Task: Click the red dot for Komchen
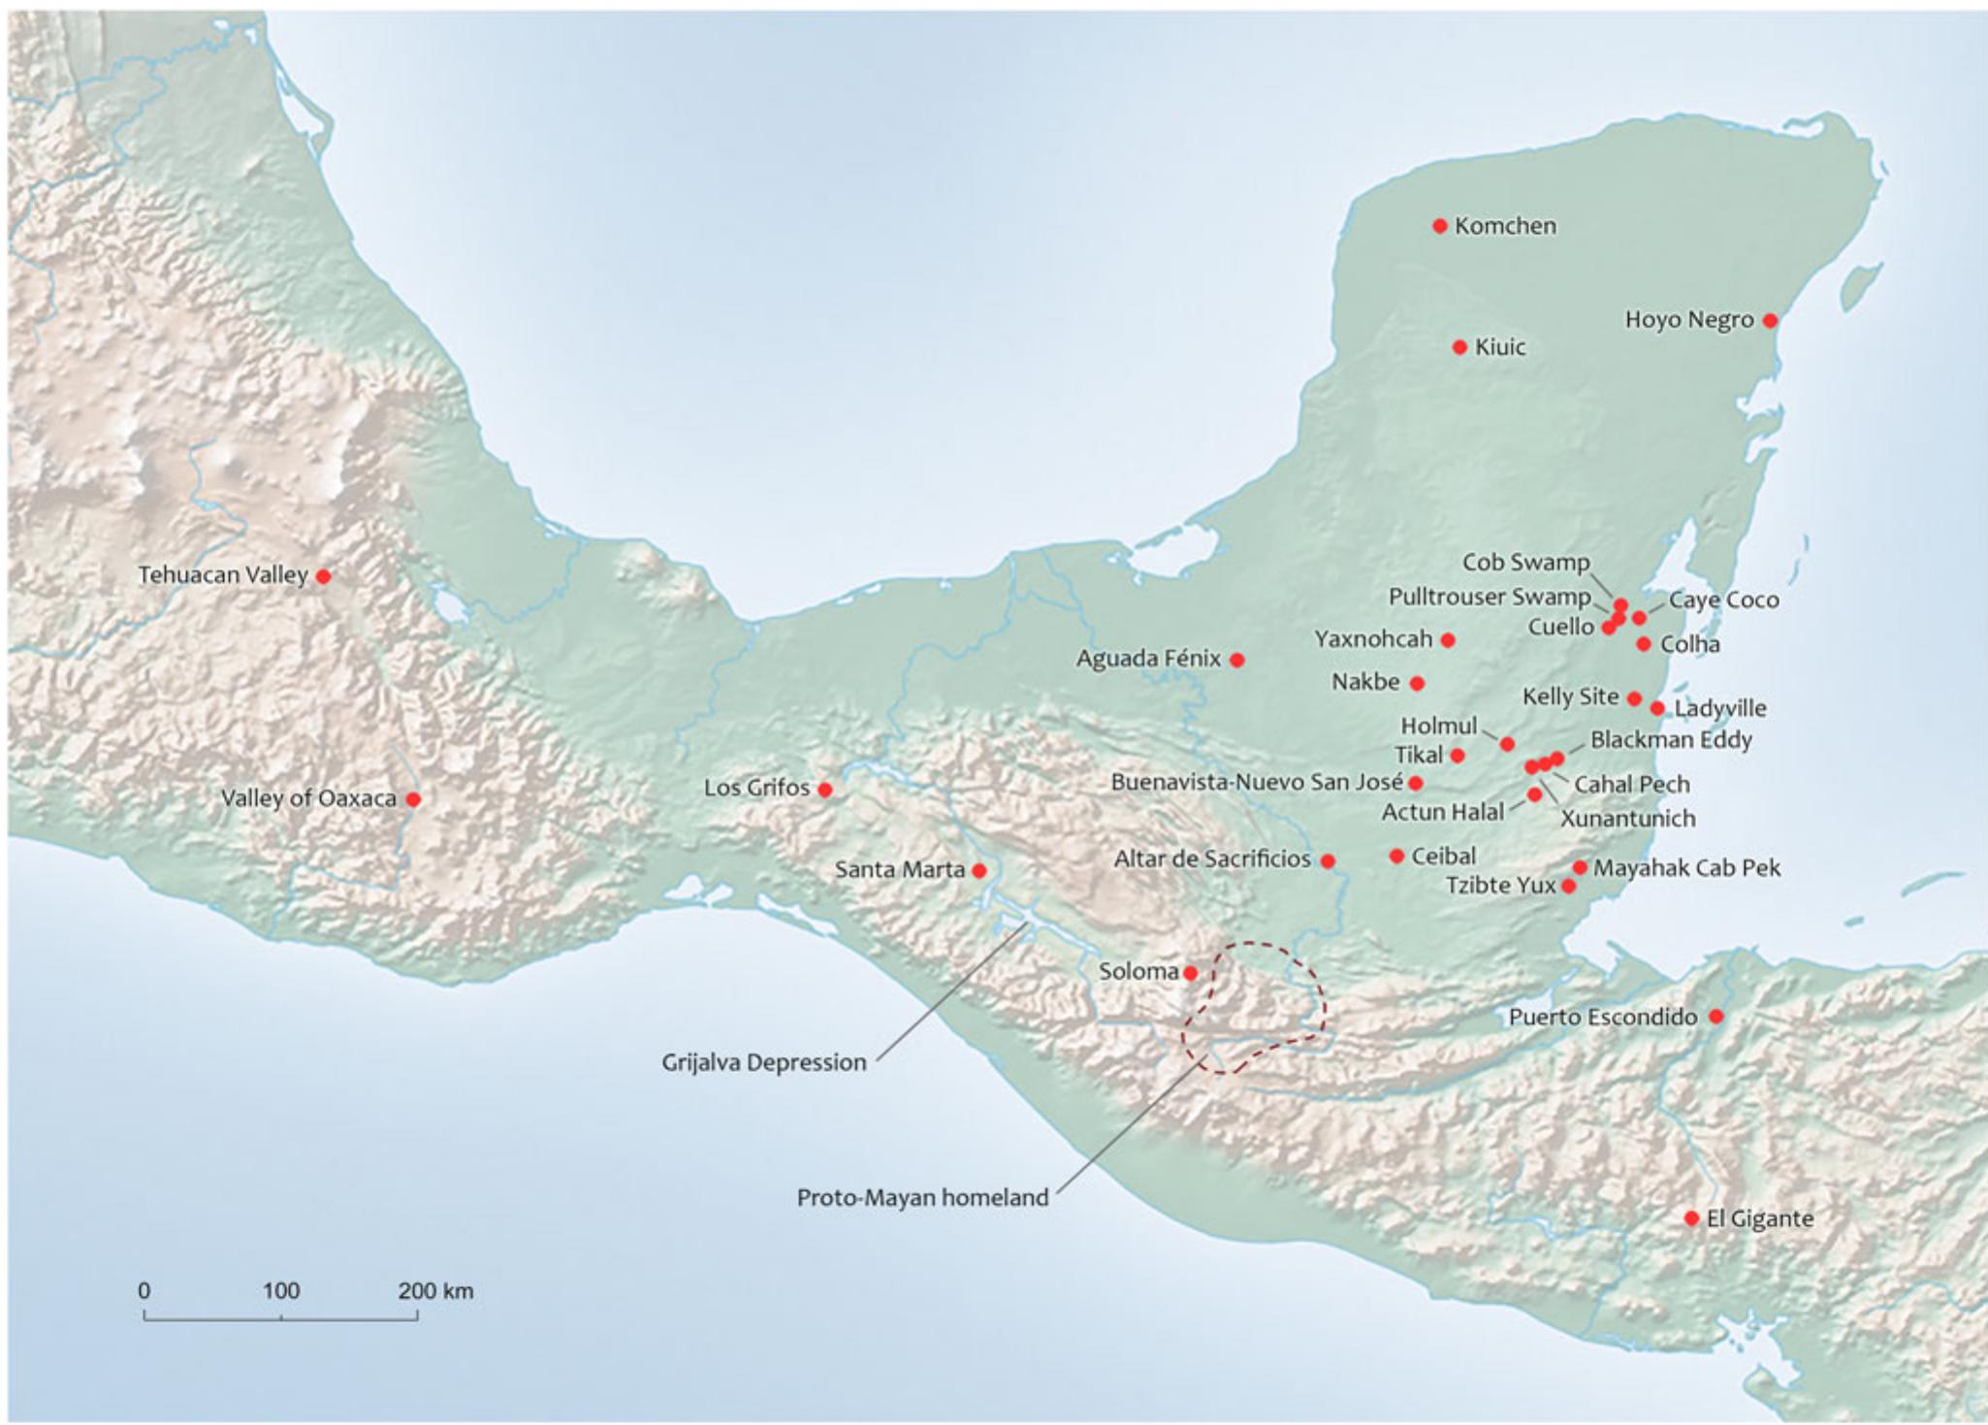coord(1440,226)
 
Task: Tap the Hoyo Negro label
coord(1688,320)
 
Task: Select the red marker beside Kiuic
coord(1459,347)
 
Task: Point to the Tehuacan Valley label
coord(222,575)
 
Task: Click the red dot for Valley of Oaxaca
coord(413,799)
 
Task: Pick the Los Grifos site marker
coord(825,790)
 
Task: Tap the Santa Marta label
coord(899,870)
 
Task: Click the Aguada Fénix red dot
coord(1237,660)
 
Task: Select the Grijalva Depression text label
coord(763,1063)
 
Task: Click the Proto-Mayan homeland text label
coord(922,1198)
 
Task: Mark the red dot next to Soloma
coord(1191,973)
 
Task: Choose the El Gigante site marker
coord(1691,1218)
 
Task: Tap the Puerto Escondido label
coord(1602,1018)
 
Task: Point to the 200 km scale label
coord(435,1291)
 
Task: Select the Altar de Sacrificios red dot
coord(1328,860)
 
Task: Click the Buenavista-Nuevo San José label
coord(1257,782)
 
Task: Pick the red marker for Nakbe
coord(1417,684)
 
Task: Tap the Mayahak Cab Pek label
coord(1686,868)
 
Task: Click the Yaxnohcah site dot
coord(1448,640)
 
